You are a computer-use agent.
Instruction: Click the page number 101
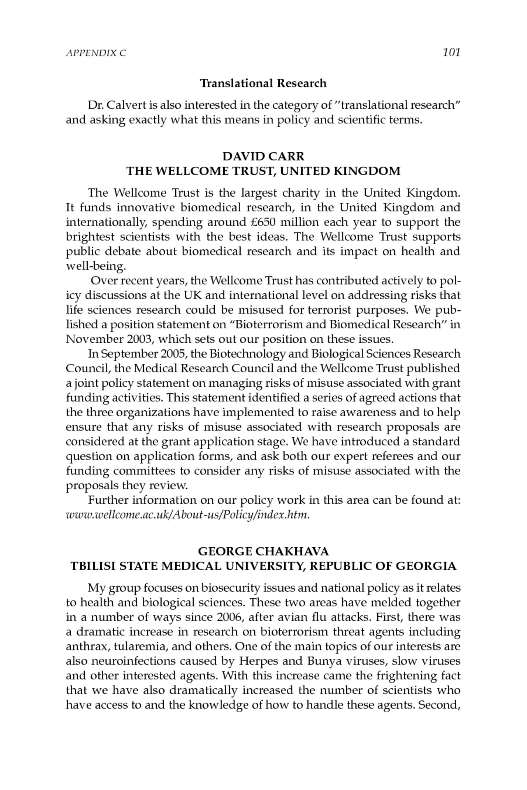(451, 53)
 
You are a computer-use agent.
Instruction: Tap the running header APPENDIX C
(96, 54)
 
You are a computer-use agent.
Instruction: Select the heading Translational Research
(263, 83)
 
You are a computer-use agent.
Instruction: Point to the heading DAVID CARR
(263, 156)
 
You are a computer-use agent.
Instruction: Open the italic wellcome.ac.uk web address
(188, 515)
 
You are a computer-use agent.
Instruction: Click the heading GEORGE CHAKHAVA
(263, 551)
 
